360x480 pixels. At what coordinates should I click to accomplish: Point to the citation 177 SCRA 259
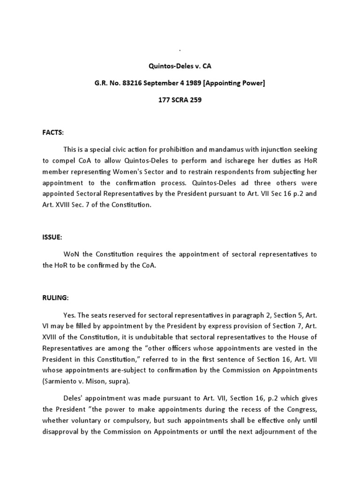180,100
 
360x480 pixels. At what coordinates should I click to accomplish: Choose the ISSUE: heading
52,238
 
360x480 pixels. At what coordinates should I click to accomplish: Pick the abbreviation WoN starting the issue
72,254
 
